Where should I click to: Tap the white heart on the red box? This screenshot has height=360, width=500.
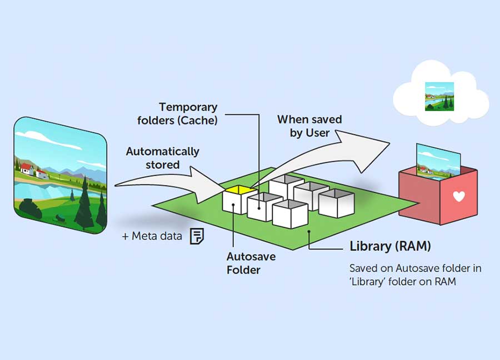coord(458,196)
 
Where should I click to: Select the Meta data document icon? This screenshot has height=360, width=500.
coord(197,236)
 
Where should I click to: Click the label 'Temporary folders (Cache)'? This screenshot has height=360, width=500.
coord(188,113)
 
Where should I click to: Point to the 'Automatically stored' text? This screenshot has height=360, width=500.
coord(163,158)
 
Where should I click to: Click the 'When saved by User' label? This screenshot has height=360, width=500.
coord(309,126)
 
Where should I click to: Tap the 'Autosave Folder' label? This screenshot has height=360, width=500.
coord(251,263)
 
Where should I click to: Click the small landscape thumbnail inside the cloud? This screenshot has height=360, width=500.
coord(439,96)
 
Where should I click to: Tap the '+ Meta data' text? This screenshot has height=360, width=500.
coord(152,236)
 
